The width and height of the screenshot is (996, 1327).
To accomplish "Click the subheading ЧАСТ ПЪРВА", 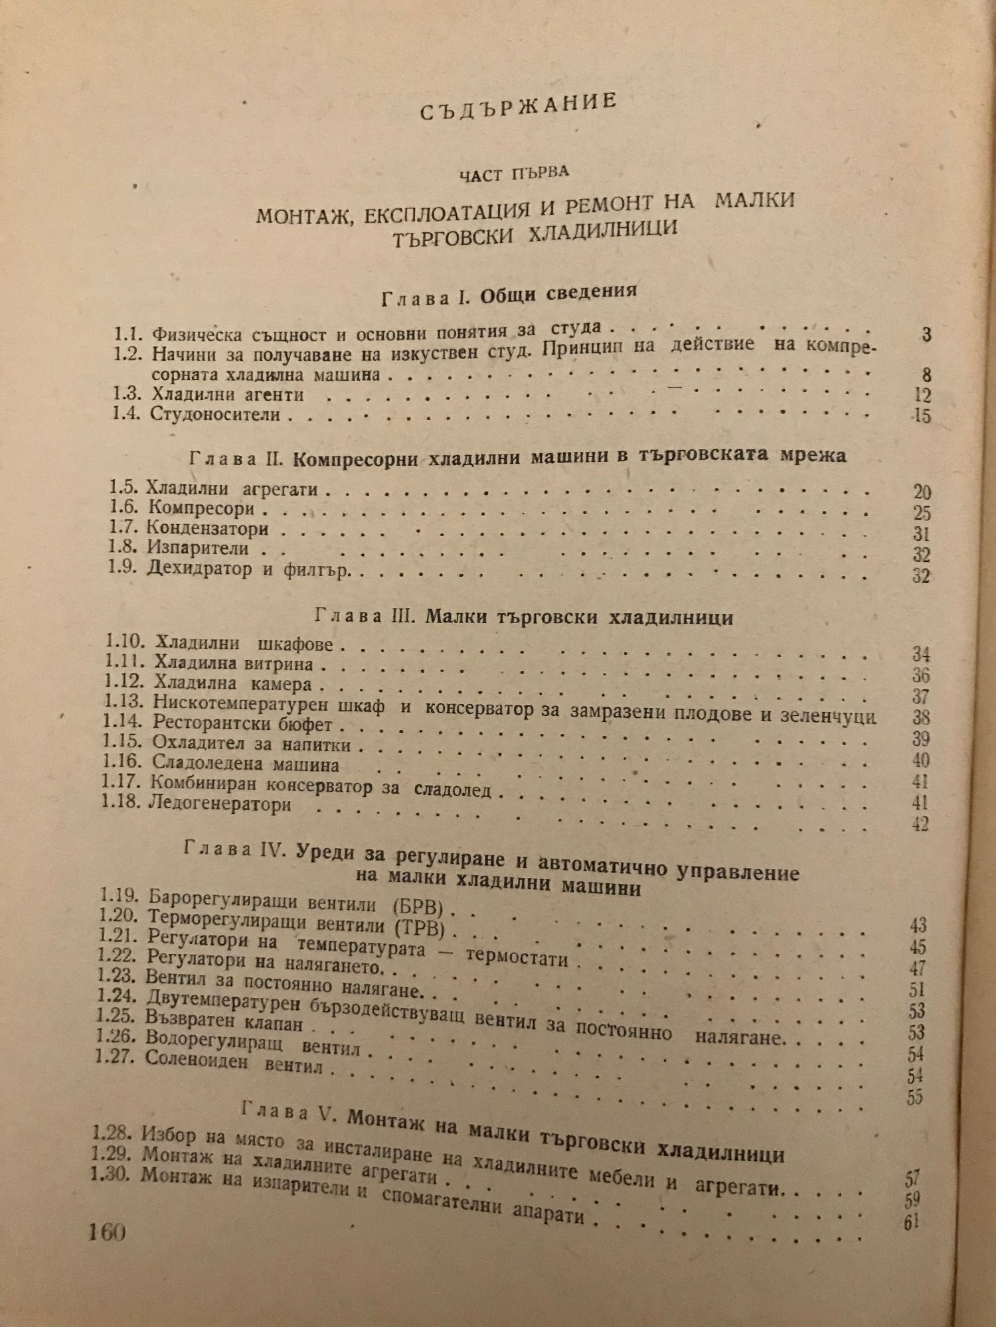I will (x=515, y=173).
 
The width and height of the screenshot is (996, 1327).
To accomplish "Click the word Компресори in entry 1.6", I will (x=201, y=510).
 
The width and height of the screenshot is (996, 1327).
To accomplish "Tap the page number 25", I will (x=922, y=514).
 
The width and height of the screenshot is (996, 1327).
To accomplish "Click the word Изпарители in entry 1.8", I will (x=199, y=549).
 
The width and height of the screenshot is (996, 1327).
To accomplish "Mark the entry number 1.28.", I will (x=110, y=1127).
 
